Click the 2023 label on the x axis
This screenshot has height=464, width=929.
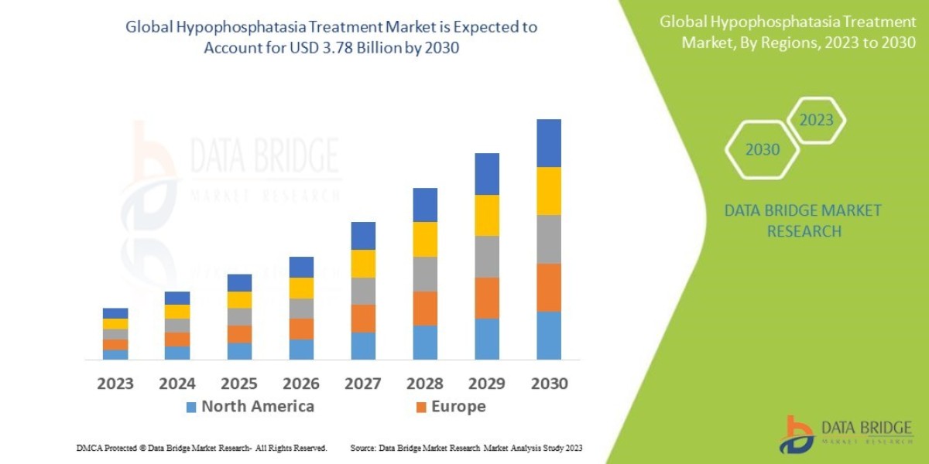pyautogui.click(x=115, y=384)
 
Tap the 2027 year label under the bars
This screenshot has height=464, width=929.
pyautogui.click(x=362, y=384)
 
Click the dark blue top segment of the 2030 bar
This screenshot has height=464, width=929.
pyautogui.click(x=548, y=143)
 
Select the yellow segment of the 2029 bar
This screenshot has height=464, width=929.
pyautogui.click(x=486, y=215)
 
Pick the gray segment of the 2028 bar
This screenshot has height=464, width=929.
pyautogui.click(x=424, y=274)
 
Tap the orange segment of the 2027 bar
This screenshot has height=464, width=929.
pyautogui.click(x=362, y=319)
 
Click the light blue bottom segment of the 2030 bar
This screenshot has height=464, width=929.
pyautogui.click(x=548, y=336)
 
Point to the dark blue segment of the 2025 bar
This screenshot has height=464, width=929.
pyautogui.click(x=239, y=282)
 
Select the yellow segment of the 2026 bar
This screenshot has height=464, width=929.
pyautogui.click(x=301, y=288)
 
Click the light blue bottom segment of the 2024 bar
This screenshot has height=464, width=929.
pyautogui.click(x=177, y=353)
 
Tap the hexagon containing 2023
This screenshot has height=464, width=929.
pyautogui.click(x=816, y=121)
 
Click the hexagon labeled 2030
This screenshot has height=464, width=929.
pyautogui.click(x=763, y=150)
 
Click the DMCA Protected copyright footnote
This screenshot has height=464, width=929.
pyautogui.click(x=201, y=448)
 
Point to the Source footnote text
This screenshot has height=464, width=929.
pyautogui.click(x=466, y=448)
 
